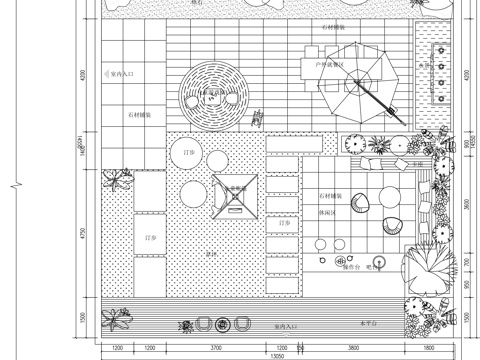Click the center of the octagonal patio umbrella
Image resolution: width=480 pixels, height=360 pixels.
point(363,83)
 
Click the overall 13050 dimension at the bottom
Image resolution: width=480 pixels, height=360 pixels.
point(271,355)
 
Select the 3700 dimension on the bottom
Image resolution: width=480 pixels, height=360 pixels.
point(215,346)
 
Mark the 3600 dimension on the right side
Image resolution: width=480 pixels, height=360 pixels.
point(466,205)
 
